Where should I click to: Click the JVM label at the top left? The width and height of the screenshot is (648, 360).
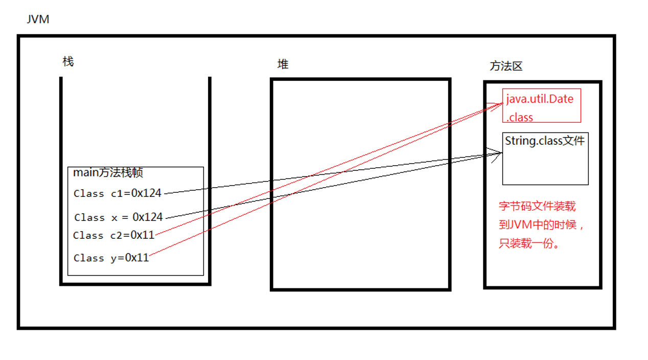click(x=38, y=20)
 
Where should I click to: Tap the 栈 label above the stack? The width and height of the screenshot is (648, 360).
click(x=68, y=62)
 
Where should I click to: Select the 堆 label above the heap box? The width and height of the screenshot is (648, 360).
click(x=283, y=64)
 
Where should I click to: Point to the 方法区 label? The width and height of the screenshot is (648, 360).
click(x=506, y=66)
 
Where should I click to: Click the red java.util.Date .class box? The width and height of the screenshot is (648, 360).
click(x=542, y=106)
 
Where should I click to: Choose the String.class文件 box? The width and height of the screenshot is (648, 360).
click(x=545, y=159)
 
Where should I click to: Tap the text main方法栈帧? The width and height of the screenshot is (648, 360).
click(x=108, y=172)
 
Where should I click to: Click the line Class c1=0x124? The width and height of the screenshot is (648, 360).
click(x=118, y=193)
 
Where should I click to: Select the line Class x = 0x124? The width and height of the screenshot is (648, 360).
click(x=119, y=217)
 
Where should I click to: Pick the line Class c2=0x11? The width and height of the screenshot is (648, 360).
click(x=113, y=235)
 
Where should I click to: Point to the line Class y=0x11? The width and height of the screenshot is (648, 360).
click(x=111, y=258)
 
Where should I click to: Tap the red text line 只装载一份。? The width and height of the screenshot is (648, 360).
click(x=529, y=243)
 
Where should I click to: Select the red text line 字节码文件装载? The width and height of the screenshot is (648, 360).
click(x=537, y=206)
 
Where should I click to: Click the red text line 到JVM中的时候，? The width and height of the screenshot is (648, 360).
click(x=541, y=225)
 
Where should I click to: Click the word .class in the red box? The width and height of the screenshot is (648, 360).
click(x=520, y=117)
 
